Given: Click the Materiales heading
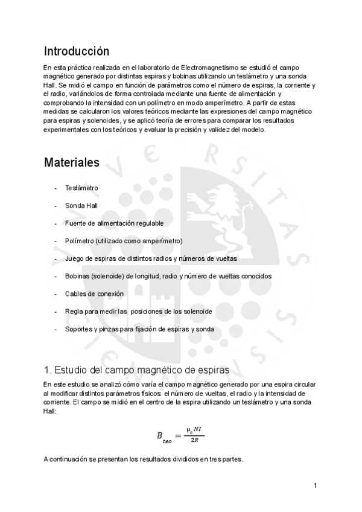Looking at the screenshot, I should pos(72,163).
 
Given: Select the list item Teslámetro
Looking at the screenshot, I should pos(81,188).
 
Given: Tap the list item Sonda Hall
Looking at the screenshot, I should pos(81,206).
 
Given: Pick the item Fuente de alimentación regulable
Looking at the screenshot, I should pos(114,223).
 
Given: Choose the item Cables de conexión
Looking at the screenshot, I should pos(94,293).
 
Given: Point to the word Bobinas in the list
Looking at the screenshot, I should pos(78,276).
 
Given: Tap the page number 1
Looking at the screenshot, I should pos(316,485).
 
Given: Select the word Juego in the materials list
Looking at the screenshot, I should pos(74,258).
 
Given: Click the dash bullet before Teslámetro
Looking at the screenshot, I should pos(56,188).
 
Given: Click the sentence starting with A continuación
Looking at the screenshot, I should pos(143,459).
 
